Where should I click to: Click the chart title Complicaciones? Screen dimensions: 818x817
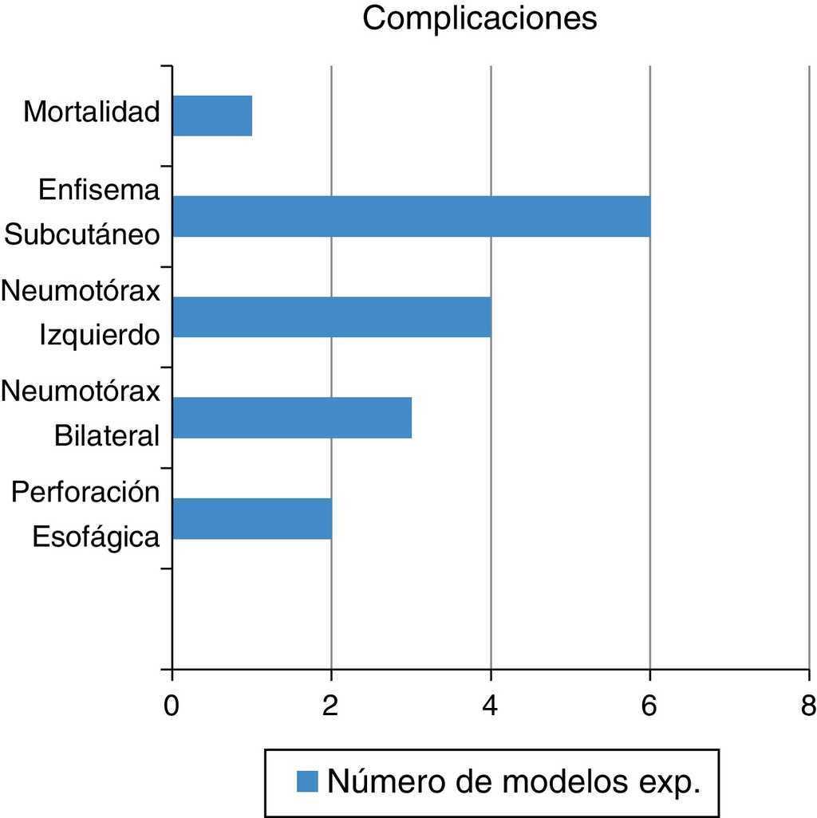[480, 18]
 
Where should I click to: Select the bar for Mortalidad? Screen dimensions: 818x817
[212, 116]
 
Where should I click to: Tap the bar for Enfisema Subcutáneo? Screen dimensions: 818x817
[411, 216]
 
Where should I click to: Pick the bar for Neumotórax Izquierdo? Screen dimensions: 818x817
[331, 317]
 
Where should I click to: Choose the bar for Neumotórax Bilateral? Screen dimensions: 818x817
[292, 418]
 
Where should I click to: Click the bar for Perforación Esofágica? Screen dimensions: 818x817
[252, 518]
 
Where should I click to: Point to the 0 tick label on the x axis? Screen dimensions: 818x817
[171, 705]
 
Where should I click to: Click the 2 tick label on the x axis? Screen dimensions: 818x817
[330, 705]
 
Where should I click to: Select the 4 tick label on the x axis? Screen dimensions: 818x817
[490, 705]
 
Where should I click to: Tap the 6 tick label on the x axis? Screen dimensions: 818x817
[649, 705]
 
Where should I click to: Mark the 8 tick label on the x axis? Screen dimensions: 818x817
[807, 705]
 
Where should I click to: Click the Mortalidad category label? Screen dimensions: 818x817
[92, 112]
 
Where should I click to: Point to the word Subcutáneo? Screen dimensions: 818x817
[83, 235]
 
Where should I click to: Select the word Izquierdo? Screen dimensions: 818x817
[100, 336]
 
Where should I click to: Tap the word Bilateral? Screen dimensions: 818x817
[108, 436]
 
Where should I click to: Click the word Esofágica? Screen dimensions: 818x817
[96, 537]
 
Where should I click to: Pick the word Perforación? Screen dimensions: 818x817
[85, 493]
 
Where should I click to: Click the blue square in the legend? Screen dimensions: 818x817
[307, 781]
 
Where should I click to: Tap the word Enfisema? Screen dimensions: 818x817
[100, 191]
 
